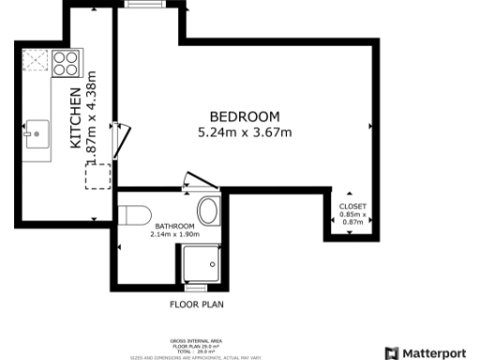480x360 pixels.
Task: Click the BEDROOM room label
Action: (x=245, y=116)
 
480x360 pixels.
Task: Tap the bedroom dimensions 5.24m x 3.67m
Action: (x=245, y=132)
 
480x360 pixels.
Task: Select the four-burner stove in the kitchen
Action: (x=65, y=63)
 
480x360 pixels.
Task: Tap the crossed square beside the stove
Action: (x=36, y=62)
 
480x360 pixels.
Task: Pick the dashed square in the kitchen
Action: (x=97, y=175)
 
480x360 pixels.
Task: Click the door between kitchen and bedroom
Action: (x=118, y=141)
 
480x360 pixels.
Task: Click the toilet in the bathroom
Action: (x=137, y=214)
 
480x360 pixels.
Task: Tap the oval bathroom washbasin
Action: (x=208, y=209)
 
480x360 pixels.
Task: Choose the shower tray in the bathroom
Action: (x=202, y=265)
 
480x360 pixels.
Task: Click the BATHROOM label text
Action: (x=174, y=226)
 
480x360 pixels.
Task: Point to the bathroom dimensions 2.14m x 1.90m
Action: (x=174, y=234)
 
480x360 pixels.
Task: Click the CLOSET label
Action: (x=352, y=205)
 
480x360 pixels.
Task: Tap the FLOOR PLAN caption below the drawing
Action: (x=196, y=305)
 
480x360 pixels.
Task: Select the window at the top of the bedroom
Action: (x=142, y=5)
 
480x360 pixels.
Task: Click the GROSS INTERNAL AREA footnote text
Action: (x=196, y=341)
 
